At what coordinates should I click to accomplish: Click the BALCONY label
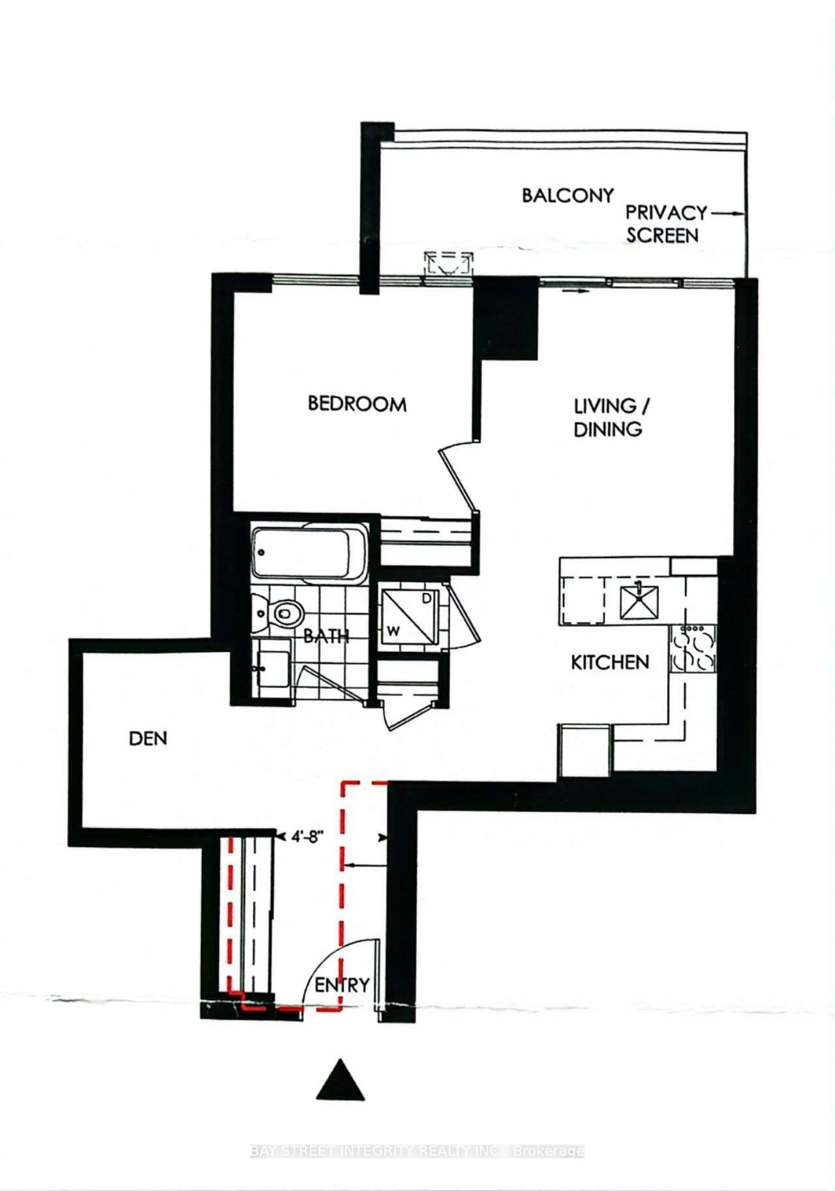[568, 196]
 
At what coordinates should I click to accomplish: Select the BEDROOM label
[357, 404]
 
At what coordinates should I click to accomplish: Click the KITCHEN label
[610, 662]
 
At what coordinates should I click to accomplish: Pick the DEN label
[148, 739]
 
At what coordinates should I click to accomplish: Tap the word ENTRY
[342, 985]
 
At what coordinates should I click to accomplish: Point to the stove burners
[693, 649]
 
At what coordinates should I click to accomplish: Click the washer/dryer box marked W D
[410, 615]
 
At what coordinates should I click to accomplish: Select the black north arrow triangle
[341, 1079]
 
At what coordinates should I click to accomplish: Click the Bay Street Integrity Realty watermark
[417, 1151]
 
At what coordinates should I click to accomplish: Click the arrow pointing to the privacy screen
[727, 213]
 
